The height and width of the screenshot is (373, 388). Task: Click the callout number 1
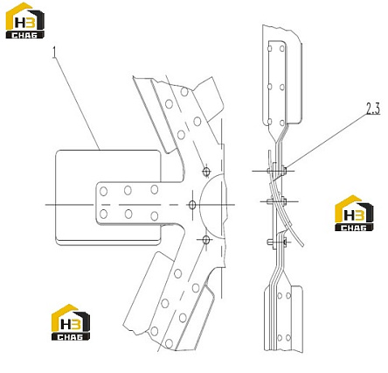click(x=54, y=53)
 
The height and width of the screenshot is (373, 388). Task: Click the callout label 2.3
click(x=373, y=109)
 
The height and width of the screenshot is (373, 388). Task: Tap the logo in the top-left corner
click(x=25, y=20)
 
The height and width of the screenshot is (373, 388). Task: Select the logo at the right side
click(x=354, y=214)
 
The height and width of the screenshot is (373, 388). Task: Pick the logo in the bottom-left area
click(x=71, y=322)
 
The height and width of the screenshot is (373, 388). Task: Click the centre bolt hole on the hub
click(x=192, y=205)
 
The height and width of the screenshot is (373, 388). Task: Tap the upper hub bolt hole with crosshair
click(x=206, y=172)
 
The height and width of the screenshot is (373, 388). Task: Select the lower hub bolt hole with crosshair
click(x=206, y=240)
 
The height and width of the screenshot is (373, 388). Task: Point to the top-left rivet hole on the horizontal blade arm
click(x=103, y=192)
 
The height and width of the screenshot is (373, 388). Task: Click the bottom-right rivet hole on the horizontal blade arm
click(x=155, y=216)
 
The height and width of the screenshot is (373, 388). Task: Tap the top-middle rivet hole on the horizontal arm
click(x=128, y=190)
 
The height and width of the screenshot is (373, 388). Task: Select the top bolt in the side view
click(x=276, y=170)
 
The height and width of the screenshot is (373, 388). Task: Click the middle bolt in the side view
click(x=276, y=201)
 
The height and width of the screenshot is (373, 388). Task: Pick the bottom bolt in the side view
click(x=277, y=242)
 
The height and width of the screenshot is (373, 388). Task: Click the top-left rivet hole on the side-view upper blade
click(x=270, y=48)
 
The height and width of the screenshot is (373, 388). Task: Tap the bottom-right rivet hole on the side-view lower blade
click(x=288, y=338)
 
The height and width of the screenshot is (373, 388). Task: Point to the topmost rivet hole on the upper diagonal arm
click(x=184, y=92)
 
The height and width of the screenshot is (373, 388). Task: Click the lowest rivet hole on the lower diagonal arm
click(x=169, y=343)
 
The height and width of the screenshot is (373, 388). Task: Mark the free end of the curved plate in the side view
click(x=302, y=244)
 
